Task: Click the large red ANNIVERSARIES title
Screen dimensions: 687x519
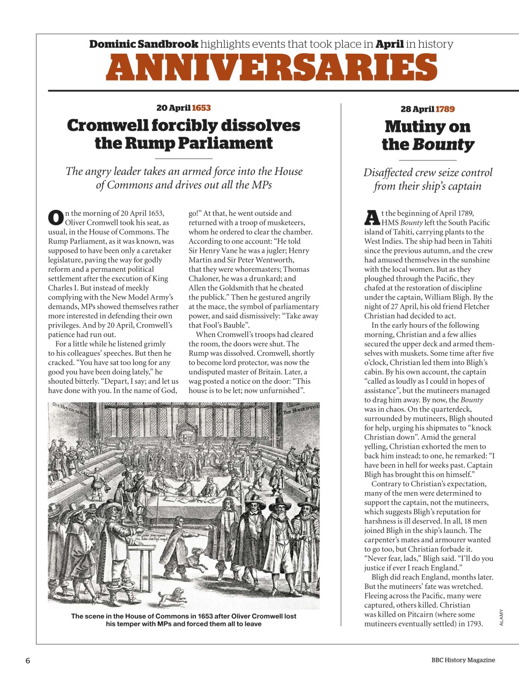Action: coord(272,68)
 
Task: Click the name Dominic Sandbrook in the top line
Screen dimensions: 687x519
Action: coord(143,44)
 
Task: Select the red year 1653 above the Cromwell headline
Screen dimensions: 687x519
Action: coord(201,108)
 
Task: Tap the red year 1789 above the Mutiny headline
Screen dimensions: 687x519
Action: coord(445,109)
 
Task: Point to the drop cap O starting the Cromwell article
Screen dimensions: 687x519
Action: coord(56,217)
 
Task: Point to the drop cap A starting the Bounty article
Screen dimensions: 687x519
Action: coord(372,217)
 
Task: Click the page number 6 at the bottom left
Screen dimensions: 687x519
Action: coord(28,661)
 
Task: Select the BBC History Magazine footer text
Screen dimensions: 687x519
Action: coord(463,660)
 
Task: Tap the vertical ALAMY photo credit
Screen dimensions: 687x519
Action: coord(501,617)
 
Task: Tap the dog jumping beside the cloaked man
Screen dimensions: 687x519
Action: coord(197,558)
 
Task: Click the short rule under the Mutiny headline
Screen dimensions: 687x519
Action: coord(427,160)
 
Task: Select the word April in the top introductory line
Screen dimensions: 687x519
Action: coord(389,44)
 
